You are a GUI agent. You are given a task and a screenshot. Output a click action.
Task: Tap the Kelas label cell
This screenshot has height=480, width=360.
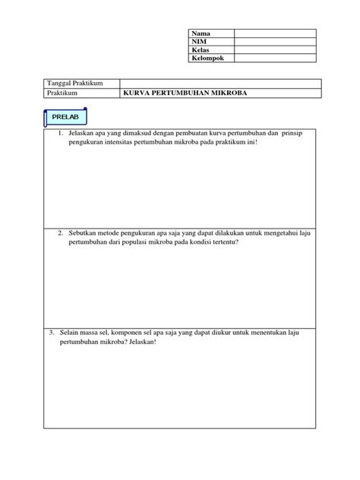click(x=201, y=49)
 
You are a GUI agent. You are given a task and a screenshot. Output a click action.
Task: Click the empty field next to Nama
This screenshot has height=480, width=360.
click(x=274, y=33)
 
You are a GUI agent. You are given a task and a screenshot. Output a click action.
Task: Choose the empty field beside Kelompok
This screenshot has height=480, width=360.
click(x=274, y=58)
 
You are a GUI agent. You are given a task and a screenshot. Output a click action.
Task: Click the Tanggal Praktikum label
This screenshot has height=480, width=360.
click(x=75, y=82)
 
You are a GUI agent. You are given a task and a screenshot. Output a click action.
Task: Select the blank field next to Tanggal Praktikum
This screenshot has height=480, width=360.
click(x=217, y=82)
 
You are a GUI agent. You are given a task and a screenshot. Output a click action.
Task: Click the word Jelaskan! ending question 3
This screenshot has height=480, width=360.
click(x=140, y=343)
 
